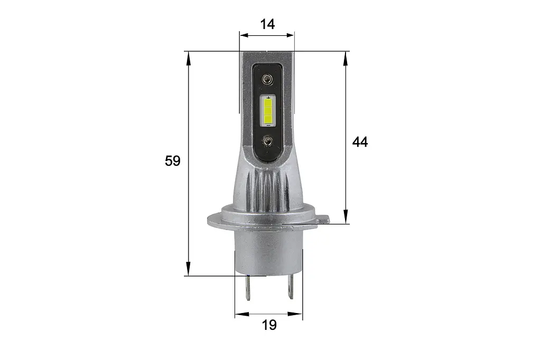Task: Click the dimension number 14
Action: (267, 24)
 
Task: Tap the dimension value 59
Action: (173, 160)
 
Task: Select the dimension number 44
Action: (360, 142)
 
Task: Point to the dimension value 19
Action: (269, 325)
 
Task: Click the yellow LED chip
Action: (268, 112)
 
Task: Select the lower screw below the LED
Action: (267, 141)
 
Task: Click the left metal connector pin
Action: (247, 287)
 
